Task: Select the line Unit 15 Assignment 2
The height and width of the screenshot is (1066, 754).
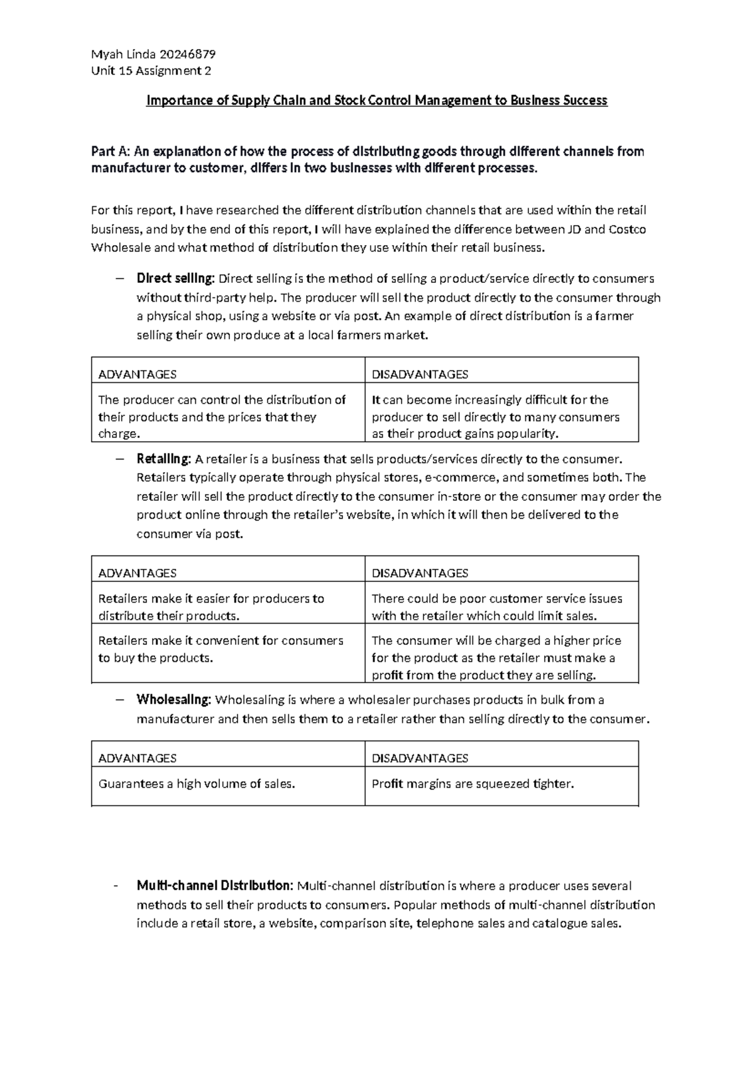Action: [x=151, y=70]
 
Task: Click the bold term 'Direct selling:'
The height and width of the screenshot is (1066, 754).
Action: [x=175, y=278]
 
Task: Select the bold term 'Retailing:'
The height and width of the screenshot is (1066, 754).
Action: [x=163, y=459]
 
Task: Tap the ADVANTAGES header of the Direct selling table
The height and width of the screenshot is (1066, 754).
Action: [x=138, y=375]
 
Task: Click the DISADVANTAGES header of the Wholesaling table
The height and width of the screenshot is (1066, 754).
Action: [x=420, y=758]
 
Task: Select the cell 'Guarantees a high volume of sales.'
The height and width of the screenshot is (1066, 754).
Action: [x=197, y=784]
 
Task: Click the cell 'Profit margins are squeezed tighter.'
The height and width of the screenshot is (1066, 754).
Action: [x=473, y=784]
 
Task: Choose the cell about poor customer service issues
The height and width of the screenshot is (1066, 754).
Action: [x=496, y=607]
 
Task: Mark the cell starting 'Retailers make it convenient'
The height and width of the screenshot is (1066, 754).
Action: [x=221, y=649]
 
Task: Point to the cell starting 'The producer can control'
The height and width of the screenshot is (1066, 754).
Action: [x=222, y=416]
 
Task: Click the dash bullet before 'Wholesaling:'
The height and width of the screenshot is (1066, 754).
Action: [x=121, y=700]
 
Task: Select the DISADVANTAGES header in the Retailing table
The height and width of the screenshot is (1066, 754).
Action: [x=420, y=573]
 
